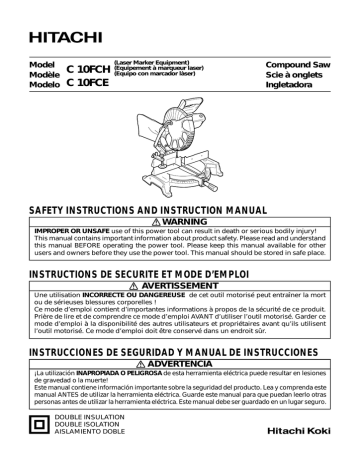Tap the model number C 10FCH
pyautogui.click(x=88, y=67)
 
